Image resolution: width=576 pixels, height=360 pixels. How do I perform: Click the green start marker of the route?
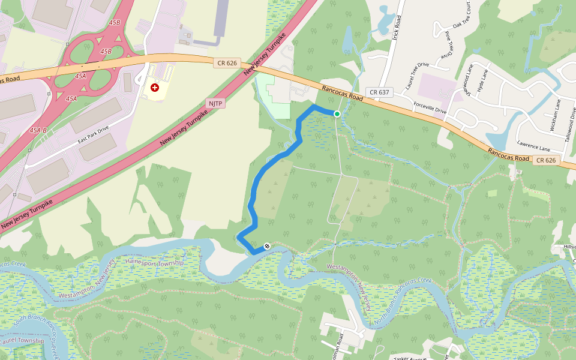(x=337, y=114)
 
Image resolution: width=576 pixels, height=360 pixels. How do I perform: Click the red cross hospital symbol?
(x=155, y=88)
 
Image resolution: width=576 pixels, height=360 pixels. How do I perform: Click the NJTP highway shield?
(x=214, y=104)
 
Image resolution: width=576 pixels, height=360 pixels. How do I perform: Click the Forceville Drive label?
(x=430, y=106)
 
